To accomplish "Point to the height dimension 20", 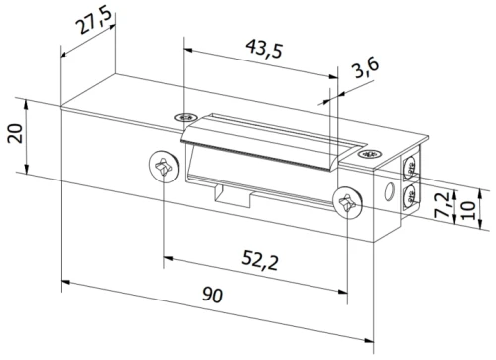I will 13,134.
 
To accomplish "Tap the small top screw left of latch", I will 182,118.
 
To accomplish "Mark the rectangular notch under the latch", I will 230,194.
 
